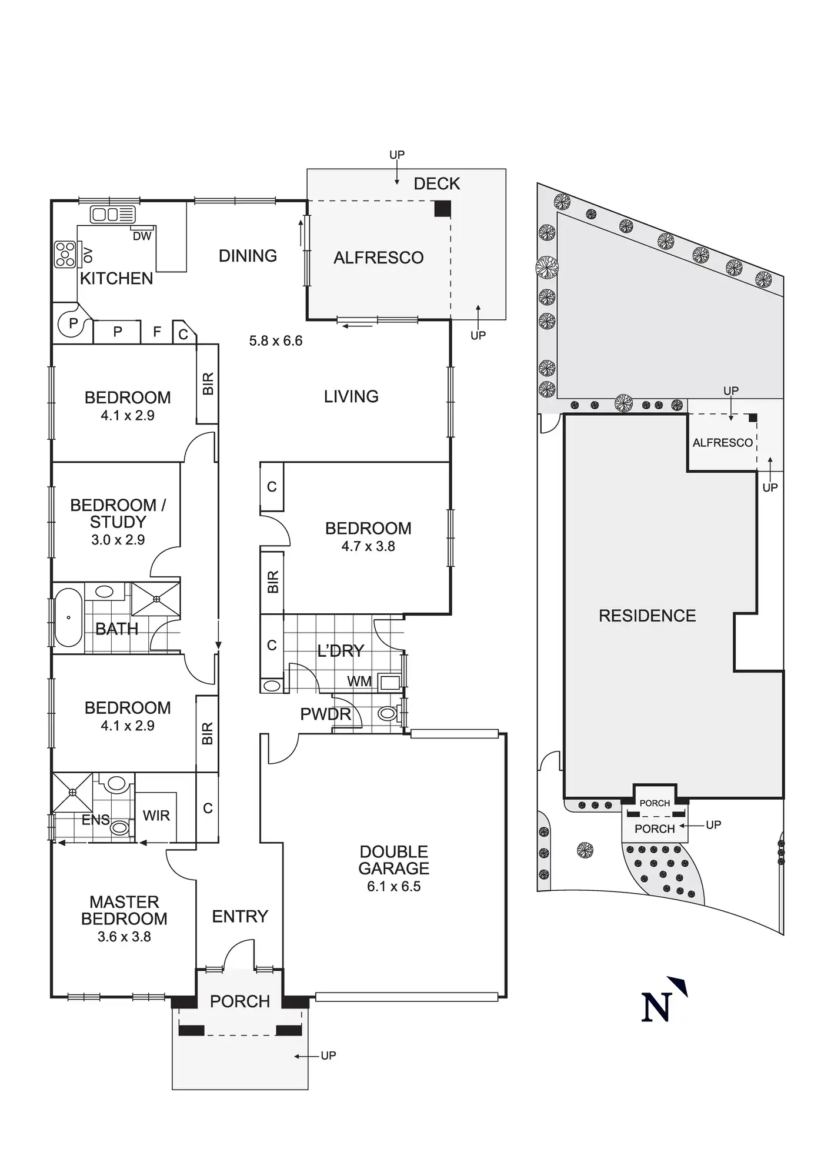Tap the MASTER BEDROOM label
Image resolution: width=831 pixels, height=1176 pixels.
[x=124, y=910]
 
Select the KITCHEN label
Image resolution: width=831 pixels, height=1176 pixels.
[x=116, y=278]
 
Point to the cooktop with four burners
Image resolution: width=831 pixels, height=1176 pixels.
[x=65, y=255]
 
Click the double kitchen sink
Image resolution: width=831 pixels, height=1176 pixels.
[x=112, y=214]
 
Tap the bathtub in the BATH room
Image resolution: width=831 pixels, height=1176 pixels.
[x=68, y=617]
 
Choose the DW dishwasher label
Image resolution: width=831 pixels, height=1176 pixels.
[x=142, y=236]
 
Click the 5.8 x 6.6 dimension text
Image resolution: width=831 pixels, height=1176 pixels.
[x=275, y=341]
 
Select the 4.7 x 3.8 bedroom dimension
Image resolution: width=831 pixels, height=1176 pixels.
[x=368, y=546]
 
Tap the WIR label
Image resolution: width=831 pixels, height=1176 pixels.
[x=156, y=816]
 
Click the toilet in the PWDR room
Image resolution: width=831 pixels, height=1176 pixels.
[x=387, y=714]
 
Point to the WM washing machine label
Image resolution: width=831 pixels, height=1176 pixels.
[x=359, y=681]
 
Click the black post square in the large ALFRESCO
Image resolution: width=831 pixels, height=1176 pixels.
[x=442, y=209]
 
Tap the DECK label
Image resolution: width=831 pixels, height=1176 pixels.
[x=436, y=184]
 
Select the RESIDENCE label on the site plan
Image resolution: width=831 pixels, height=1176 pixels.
[x=647, y=616]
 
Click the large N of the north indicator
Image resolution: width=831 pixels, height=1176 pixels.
[x=655, y=1008]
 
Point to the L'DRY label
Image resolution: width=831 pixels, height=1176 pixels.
[x=341, y=651]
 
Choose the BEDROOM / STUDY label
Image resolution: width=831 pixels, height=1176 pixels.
[x=118, y=513]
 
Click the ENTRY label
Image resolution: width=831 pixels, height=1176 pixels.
[x=240, y=916]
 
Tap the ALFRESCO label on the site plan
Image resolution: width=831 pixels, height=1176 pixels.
[x=722, y=443]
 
